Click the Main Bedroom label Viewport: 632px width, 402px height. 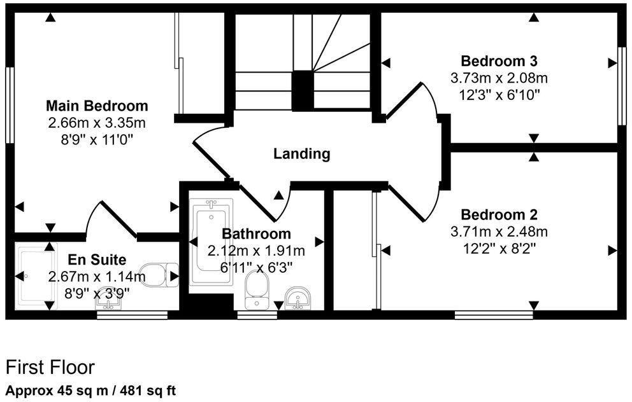pyautogui.click(x=97, y=106)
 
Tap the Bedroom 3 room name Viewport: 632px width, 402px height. pyautogui.click(x=499, y=62)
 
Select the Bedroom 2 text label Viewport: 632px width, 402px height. pyautogui.click(x=499, y=214)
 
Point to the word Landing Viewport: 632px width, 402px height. pyautogui.click(x=302, y=154)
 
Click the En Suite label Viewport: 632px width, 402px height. pyautogui.click(x=97, y=260)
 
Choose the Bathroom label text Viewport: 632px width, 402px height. pyautogui.click(x=256, y=234)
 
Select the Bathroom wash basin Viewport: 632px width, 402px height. pyautogui.click(x=298, y=297)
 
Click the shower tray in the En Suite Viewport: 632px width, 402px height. pyautogui.click(x=38, y=275)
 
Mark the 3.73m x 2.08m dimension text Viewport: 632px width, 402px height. pyautogui.click(x=499, y=78)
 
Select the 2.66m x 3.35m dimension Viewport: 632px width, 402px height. pyautogui.click(x=97, y=121)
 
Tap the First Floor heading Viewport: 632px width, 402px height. pyautogui.click(x=50, y=368)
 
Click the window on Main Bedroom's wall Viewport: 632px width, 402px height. pyautogui.click(x=10, y=105)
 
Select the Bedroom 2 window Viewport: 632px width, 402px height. pyautogui.click(x=494, y=314)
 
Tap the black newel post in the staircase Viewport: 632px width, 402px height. pyautogui.click(x=302, y=90)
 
